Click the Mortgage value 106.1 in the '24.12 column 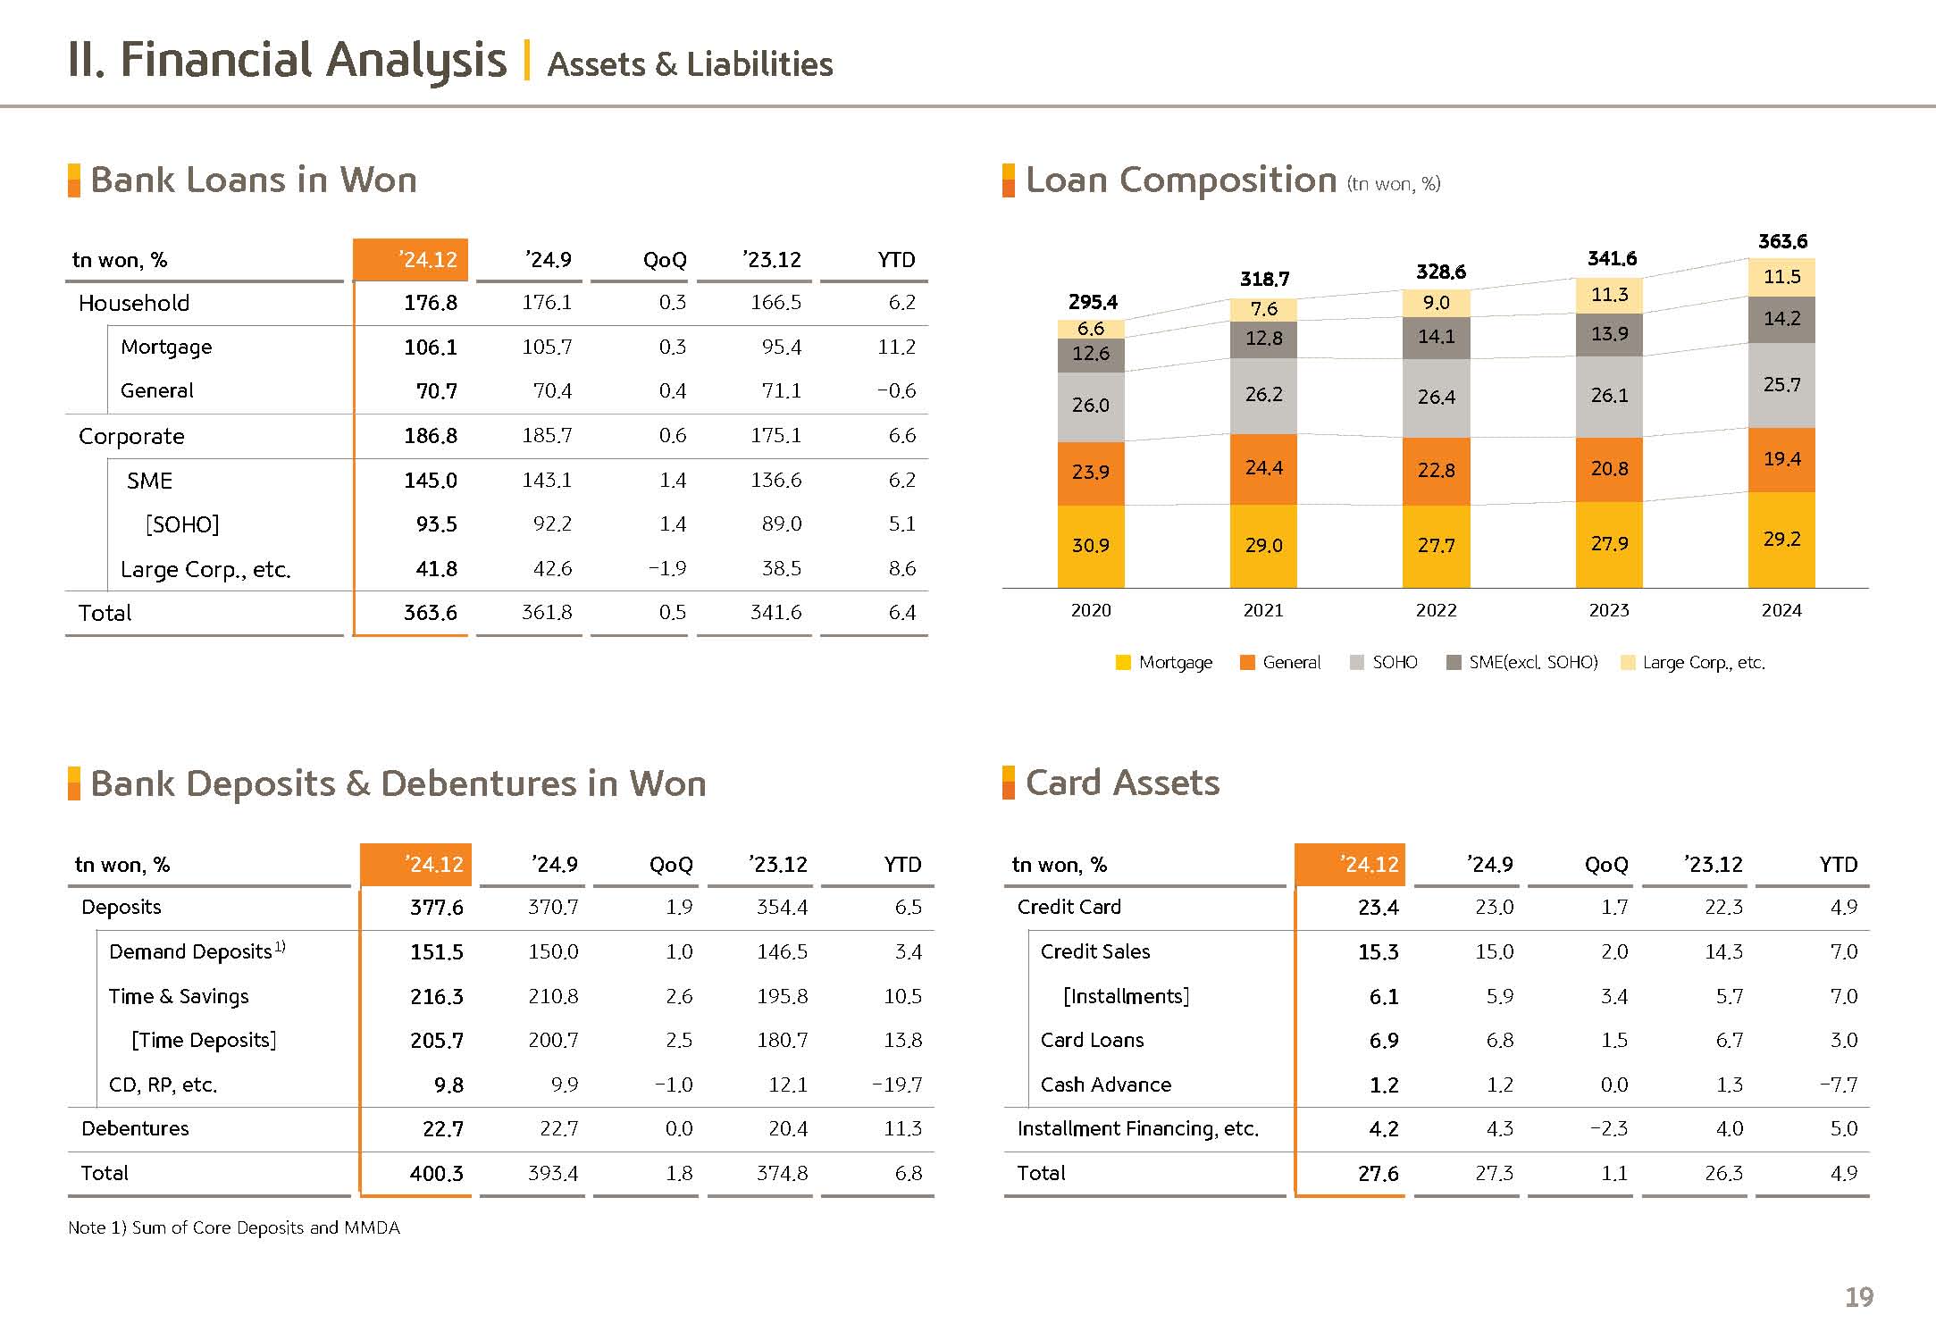[430, 347]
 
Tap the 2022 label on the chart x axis [1436, 610]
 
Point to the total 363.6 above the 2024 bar [1782, 241]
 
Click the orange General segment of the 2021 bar [1263, 469]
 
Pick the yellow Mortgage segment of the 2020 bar [1091, 546]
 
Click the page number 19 [1859, 1297]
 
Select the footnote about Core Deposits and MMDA [234, 1227]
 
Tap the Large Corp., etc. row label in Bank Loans [205, 569]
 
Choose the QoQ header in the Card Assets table [1605, 865]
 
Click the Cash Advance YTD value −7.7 [1838, 1085]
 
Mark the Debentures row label [135, 1128]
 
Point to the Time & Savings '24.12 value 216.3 [436, 996]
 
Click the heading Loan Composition [1180, 180]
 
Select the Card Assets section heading [1122, 783]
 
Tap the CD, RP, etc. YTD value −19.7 [897, 1085]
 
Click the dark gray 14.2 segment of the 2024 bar [1781, 319]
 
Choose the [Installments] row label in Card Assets [1126, 996]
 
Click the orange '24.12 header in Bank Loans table [411, 260]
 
